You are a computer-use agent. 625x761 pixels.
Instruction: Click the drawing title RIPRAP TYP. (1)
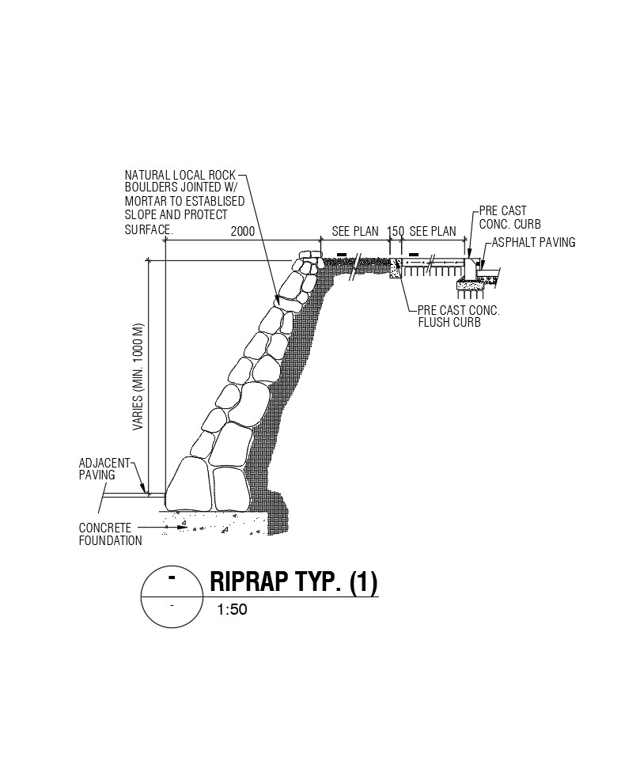click(294, 582)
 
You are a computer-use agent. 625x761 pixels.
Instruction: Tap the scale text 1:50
click(233, 610)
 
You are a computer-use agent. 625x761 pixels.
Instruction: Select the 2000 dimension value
click(243, 232)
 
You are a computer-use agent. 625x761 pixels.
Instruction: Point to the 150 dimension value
click(396, 232)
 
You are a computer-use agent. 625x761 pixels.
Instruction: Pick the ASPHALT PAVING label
click(533, 242)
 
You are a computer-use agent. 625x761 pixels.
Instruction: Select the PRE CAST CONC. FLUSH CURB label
click(458, 316)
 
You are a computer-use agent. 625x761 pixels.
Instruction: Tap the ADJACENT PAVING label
click(97, 469)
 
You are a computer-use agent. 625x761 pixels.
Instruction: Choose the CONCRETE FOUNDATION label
click(110, 534)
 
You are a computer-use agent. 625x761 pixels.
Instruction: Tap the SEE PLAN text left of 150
click(355, 232)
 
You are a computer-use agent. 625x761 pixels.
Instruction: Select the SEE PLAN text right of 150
click(433, 232)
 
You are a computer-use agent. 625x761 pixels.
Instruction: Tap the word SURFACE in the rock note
click(147, 229)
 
